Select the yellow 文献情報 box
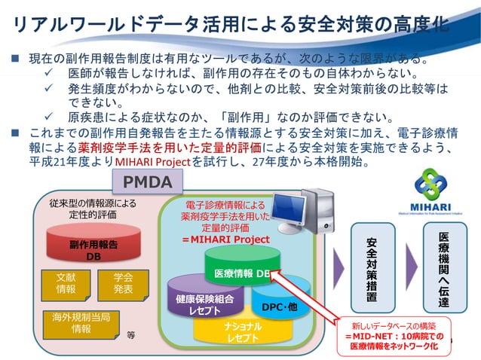tap(66, 282)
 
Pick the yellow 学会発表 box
tap(123, 282)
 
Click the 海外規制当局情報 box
tap(81, 322)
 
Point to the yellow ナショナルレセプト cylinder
tap(240, 332)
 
